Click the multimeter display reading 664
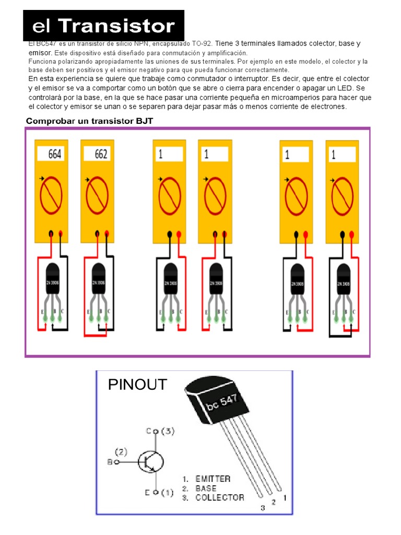tap(55, 154)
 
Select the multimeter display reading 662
tap(101, 154)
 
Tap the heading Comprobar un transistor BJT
tap(89, 121)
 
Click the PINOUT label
tap(137, 385)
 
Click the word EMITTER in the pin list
tap(213, 479)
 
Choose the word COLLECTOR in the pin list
tap(219, 497)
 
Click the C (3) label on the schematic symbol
tap(160, 431)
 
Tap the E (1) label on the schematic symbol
tap(160, 492)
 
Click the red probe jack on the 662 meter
tap(107, 234)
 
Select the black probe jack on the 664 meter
tap(51, 234)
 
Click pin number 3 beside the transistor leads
tap(262, 507)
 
